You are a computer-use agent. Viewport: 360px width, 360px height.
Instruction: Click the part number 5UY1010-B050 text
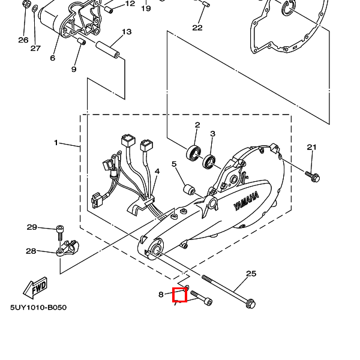[38, 308]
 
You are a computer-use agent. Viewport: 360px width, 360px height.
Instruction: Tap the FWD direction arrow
[36, 288]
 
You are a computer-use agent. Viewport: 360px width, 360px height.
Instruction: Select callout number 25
[251, 274]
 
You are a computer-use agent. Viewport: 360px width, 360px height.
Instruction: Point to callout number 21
[311, 147]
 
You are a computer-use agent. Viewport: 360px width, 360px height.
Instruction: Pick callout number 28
[31, 251]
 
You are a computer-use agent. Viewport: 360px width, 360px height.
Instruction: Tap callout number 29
[32, 227]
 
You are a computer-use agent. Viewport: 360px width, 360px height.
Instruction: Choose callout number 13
[126, 31]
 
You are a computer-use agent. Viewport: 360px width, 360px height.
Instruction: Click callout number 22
[197, 28]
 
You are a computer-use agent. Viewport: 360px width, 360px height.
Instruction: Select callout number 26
[23, 40]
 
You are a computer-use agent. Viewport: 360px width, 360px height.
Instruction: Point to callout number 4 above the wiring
[157, 171]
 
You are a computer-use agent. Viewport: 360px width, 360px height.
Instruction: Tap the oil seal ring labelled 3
[210, 161]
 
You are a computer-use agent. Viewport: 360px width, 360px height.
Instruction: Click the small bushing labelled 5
[188, 190]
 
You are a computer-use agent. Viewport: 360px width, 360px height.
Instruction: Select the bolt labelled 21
[313, 176]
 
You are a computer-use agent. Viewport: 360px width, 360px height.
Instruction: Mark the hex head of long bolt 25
[250, 305]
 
